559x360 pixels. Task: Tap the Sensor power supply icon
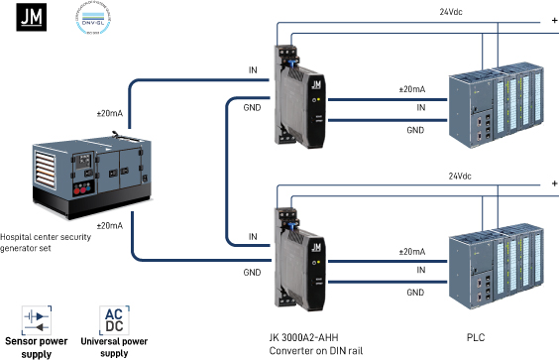36,319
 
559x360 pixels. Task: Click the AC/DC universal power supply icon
114,319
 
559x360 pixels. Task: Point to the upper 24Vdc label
451,11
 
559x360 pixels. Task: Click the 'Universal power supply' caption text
114,346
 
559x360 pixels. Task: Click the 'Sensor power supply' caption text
36,346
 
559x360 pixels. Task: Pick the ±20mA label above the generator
109,114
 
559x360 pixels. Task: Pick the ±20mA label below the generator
109,226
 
